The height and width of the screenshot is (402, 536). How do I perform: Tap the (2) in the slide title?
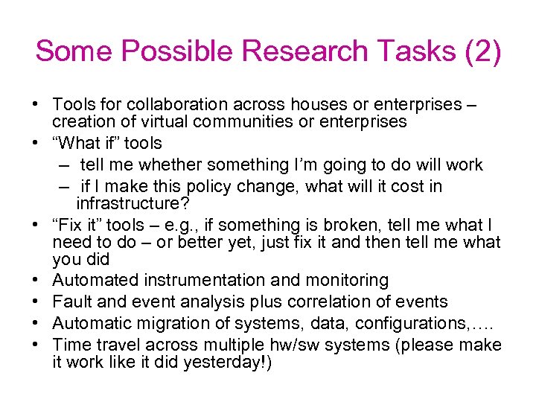pos(481,52)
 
